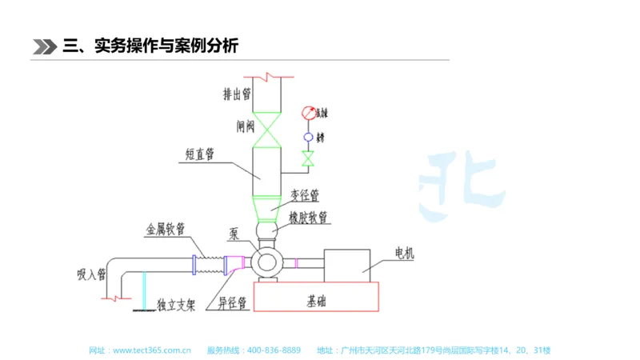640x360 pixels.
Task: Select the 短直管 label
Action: click(195, 155)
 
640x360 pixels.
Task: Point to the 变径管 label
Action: click(304, 194)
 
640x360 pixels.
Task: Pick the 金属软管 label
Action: click(165, 229)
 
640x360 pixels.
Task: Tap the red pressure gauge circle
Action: click(309, 113)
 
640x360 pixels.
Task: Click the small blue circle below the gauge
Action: click(308, 138)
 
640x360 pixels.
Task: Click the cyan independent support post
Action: click(144, 291)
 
